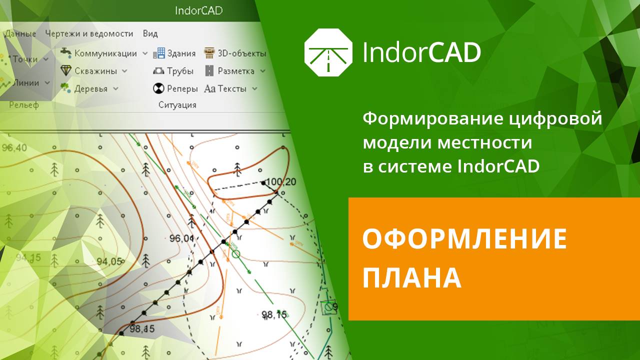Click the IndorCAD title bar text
tap(199, 10)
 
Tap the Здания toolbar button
tap(174, 53)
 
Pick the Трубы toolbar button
tap(173, 71)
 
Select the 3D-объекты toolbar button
tap(234, 53)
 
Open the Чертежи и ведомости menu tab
tap(89, 33)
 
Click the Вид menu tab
tap(150, 33)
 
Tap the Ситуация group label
tap(177, 105)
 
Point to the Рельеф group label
tap(24, 105)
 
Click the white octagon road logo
tap(328, 52)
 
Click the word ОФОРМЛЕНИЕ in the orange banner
tap(464, 239)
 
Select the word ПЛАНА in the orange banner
tap(411, 278)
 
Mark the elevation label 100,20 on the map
tap(282, 181)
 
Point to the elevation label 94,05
tap(109, 261)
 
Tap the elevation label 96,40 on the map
tap(14, 148)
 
